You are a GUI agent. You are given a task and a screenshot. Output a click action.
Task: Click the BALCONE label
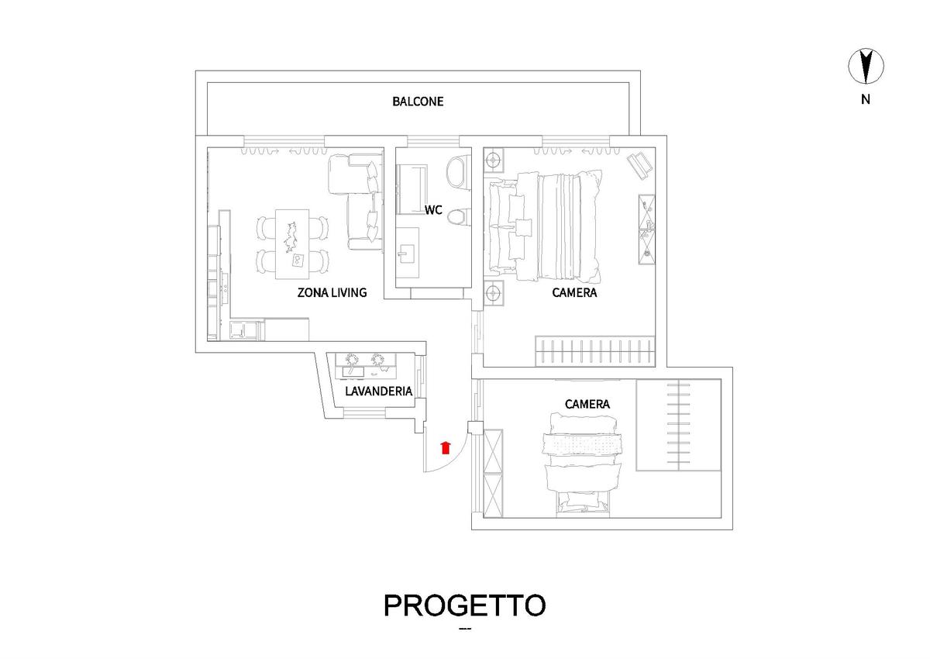[x=418, y=102]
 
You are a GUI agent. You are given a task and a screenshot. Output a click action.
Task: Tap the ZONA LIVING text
[x=332, y=293]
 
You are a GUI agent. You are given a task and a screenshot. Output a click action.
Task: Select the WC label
[x=433, y=210]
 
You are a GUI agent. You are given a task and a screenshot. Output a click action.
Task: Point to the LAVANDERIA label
[x=379, y=392]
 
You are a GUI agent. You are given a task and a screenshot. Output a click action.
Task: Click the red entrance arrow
[x=446, y=447]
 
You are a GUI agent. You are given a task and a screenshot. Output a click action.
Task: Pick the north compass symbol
[x=866, y=67]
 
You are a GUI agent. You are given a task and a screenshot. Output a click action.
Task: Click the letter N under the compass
[x=866, y=100]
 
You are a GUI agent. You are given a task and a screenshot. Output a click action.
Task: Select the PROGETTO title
[x=464, y=606]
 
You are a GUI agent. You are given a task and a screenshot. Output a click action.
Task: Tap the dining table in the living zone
[x=292, y=244]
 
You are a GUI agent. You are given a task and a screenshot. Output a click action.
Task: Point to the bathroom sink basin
[x=406, y=254]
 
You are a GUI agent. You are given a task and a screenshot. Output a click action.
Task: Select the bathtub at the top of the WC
[x=412, y=189]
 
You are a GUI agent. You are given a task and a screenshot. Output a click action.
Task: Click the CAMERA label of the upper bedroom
[x=574, y=293]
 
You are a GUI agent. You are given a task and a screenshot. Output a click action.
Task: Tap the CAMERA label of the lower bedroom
[x=587, y=404]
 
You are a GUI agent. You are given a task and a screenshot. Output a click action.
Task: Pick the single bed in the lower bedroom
[x=583, y=465]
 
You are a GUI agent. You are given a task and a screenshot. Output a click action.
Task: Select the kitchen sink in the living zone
[x=239, y=330]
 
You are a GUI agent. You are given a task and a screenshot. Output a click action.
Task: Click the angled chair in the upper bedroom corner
[x=639, y=166]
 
